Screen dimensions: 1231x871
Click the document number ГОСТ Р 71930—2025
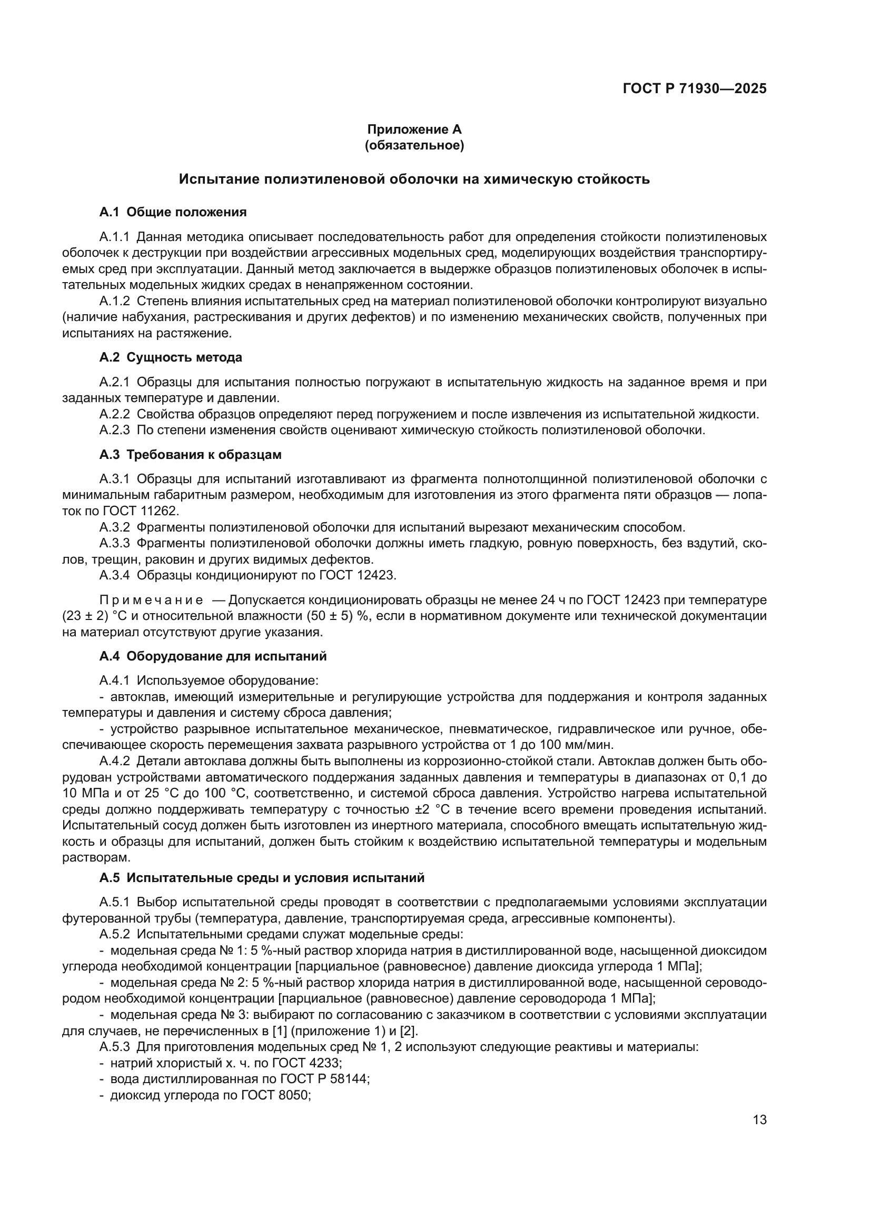pos(695,89)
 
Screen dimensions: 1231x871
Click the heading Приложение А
pos(414,129)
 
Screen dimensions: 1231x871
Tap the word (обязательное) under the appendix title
pos(414,145)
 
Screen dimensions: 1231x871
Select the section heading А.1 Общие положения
pos(173,212)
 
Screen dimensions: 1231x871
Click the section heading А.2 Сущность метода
pos(171,357)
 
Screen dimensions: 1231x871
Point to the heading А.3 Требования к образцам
pos(191,455)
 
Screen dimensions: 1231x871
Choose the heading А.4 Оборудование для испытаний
pos(213,656)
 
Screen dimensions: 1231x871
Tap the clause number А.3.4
pos(114,575)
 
